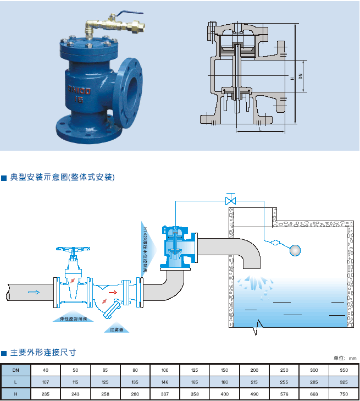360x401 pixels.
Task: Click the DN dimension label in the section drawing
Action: click(300, 77)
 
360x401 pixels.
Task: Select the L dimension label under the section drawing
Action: click(258, 129)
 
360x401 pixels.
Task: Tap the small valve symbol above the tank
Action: click(231, 200)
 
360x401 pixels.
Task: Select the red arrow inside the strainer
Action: click(112, 292)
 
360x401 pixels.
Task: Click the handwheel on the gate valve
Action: click(73, 249)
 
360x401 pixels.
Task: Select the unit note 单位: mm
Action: click(345, 358)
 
